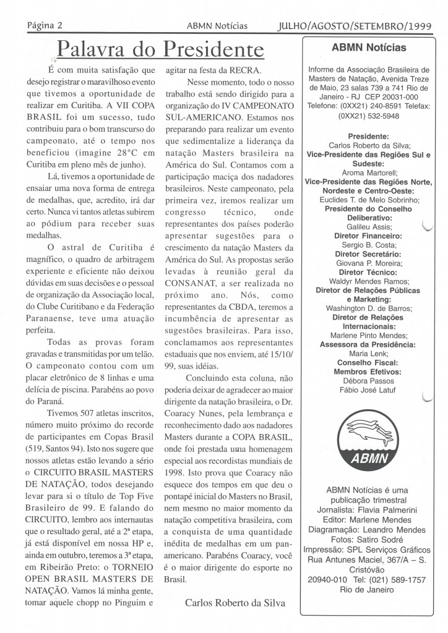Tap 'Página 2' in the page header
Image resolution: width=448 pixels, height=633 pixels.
pyautogui.click(x=48, y=26)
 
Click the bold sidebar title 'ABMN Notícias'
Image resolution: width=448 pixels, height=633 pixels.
pyautogui.click(x=369, y=48)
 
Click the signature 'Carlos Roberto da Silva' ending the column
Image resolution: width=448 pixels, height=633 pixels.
pyautogui.click(x=235, y=603)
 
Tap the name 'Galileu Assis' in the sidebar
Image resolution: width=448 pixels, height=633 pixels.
pyautogui.click(x=369, y=227)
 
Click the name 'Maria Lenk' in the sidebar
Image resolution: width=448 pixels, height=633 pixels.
pyautogui.click(x=369, y=354)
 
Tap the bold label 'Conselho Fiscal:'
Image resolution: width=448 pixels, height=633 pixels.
pyautogui.click(x=369, y=363)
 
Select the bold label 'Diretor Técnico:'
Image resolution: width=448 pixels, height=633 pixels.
pyautogui.click(x=369, y=272)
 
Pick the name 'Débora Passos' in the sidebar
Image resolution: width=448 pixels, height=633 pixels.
pyautogui.click(x=369, y=381)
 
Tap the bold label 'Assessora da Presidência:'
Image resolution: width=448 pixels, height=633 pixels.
pyautogui.click(x=369, y=345)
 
